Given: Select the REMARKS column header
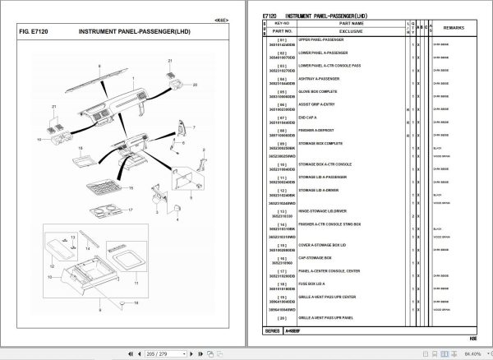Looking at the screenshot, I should [454, 28].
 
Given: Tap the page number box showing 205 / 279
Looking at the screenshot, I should [154, 353].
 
